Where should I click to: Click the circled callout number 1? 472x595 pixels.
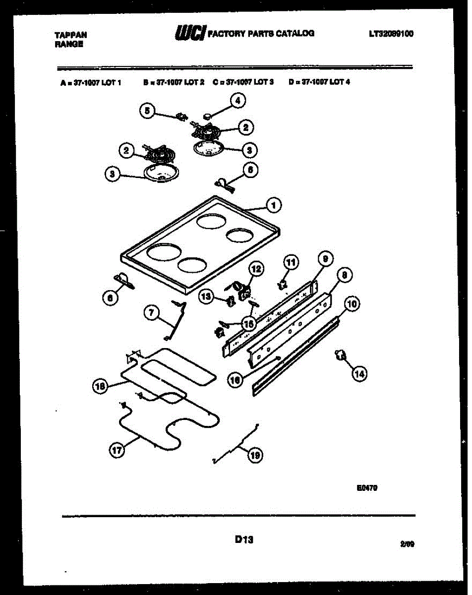(x=273, y=204)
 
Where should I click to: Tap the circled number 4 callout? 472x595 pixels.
(x=237, y=101)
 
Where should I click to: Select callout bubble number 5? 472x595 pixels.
(x=146, y=111)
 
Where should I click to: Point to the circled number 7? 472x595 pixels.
(x=151, y=312)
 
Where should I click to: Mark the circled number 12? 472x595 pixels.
(x=256, y=269)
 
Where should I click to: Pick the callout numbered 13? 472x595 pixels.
(x=206, y=297)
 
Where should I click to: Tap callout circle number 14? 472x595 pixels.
(x=359, y=374)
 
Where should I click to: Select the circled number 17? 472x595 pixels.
(x=116, y=450)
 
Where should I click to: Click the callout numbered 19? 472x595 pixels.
(x=255, y=456)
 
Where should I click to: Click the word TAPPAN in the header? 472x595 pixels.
(x=70, y=35)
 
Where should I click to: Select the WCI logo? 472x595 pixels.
(x=189, y=33)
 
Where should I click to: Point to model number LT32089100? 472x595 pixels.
(x=391, y=34)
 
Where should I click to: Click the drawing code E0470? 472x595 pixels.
(x=367, y=488)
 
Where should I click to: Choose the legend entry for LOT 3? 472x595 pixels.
(x=243, y=82)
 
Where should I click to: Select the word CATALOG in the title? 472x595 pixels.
(x=295, y=33)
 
